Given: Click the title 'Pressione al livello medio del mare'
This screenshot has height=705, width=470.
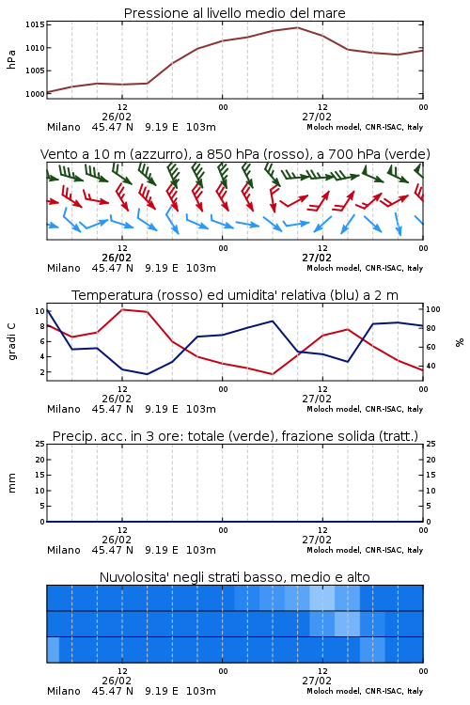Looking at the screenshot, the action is (x=234, y=13).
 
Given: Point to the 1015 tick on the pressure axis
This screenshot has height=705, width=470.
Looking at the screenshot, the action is (x=35, y=24).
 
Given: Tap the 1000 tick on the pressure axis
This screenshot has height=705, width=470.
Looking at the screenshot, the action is (x=35, y=94).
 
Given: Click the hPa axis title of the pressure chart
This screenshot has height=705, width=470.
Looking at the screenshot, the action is (x=11, y=59).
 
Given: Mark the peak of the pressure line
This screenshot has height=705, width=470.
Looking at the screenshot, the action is (x=297, y=27).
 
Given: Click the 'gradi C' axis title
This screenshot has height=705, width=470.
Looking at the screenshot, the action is (x=11, y=341).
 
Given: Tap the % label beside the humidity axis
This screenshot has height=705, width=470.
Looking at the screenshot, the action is (x=460, y=342).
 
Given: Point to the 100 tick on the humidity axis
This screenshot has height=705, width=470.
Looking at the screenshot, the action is (x=432, y=309).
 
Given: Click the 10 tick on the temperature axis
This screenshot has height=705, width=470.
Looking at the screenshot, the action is (x=39, y=311).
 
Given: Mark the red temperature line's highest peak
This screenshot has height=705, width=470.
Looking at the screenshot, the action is (x=122, y=309).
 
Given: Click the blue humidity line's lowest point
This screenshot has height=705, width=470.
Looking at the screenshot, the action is (x=147, y=374).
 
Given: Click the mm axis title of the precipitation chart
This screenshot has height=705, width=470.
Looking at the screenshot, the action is (x=11, y=482).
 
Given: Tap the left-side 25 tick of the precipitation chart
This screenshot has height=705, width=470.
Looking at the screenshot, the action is (x=40, y=444).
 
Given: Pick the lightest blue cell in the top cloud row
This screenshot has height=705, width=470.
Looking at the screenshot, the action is (x=322, y=598).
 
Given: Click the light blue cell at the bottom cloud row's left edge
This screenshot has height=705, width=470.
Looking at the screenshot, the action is (x=53, y=650).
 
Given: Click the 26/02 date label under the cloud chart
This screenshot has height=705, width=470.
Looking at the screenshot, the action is (x=117, y=681).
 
